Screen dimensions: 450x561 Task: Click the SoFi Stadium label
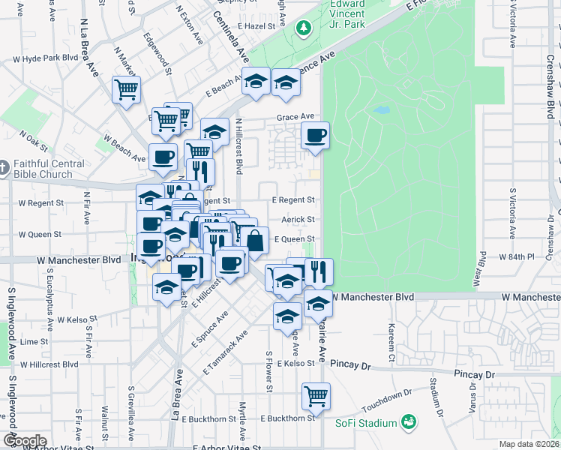pos(365,424)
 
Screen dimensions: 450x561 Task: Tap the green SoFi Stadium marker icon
pos(408,423)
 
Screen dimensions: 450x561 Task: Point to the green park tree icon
pos(304,28)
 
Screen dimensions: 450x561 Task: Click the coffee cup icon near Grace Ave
pos(315,136)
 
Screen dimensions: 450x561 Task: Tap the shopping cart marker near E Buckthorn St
pos(316,395)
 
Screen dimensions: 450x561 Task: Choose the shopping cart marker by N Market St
pos(126,89)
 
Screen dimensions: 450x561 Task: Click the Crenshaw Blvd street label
pos(550,90)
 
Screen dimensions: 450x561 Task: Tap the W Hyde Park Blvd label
pos(46,58)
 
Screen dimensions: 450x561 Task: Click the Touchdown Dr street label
pos(387,402)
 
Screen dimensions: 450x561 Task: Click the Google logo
pos(24,441)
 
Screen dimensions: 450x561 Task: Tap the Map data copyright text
pos(529,444)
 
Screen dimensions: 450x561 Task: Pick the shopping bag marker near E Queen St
pos(255,241)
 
